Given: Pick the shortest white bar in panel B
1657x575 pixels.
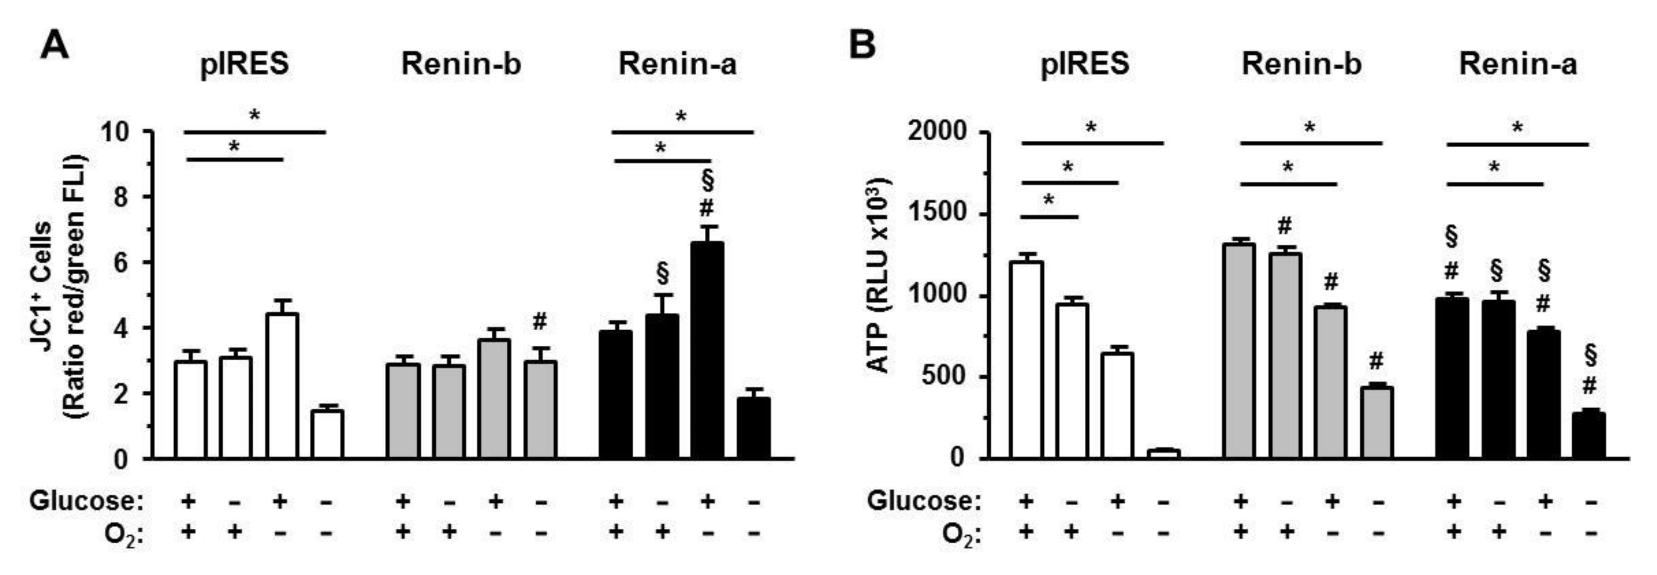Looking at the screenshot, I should coord(1164,453).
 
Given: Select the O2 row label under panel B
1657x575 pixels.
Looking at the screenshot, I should coord(961,534).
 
